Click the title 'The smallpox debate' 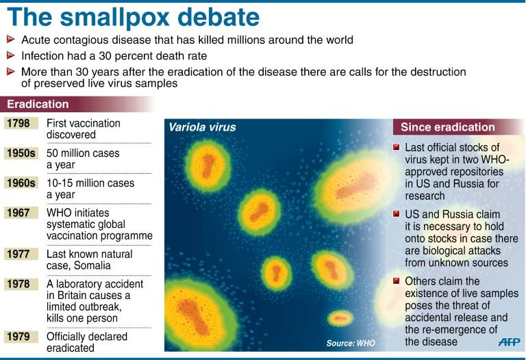pos(134,17)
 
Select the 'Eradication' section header pos(38,104)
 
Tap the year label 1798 pos(18,123)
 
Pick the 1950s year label pos(21,153)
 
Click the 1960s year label pos(21,183)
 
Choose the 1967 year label pos(18,213)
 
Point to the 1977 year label pos(18,254)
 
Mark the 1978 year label pos(18,284)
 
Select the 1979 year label pos(18,336)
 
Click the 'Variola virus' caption pos(202,127)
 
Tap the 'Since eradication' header pos(448,127)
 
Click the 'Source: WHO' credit pos(351,344)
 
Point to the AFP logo pos(510,342)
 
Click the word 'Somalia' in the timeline pos(92,266)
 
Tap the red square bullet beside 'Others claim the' pos(396,281)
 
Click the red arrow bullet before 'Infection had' pos(11,55)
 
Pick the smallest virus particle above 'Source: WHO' pos(340,318)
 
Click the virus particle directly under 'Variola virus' pos(208,166)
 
